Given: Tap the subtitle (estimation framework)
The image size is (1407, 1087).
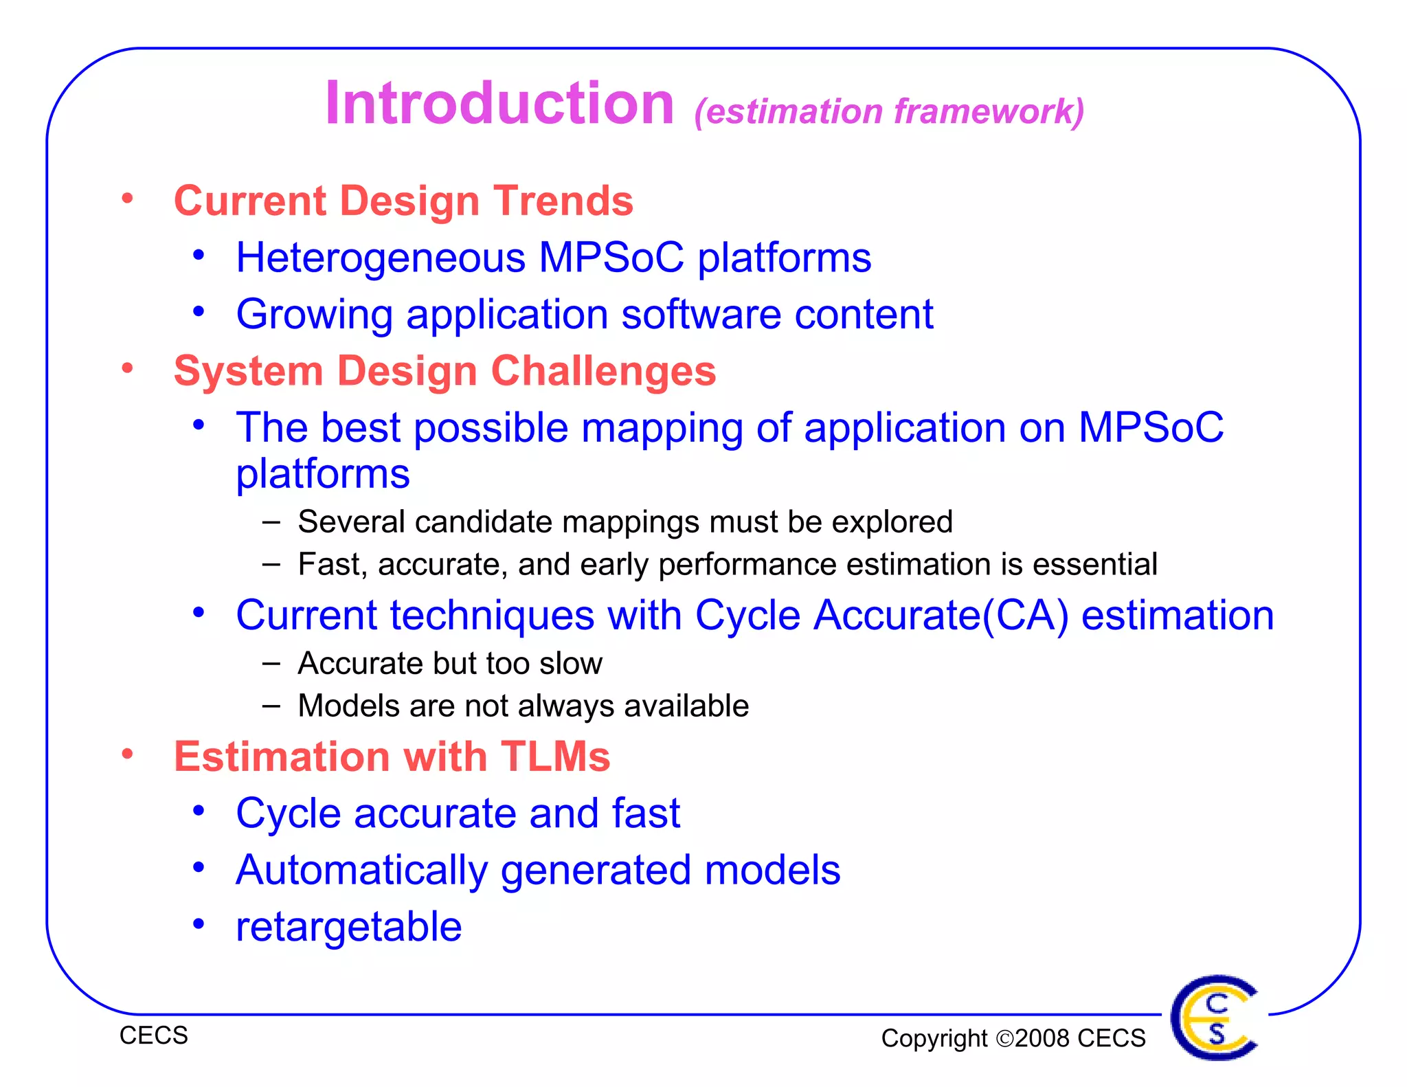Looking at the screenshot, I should pos(889,111).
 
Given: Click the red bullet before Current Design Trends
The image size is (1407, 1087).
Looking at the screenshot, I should pos(127,199).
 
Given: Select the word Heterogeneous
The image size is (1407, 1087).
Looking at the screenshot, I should pos(381,258).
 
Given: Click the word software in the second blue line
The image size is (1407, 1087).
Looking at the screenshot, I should pos(701,315).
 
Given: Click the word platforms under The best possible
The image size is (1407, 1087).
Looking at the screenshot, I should pos(322,474).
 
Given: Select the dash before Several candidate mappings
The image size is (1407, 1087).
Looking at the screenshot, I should pos(271,522).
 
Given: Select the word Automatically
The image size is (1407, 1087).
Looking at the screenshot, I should pos(361,871).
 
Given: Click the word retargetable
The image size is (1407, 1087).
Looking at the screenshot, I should pos(348,927).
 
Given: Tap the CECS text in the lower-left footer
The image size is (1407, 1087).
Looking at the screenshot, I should pos(153,1035).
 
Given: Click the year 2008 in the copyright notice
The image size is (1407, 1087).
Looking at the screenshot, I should pos(1043,1038).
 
